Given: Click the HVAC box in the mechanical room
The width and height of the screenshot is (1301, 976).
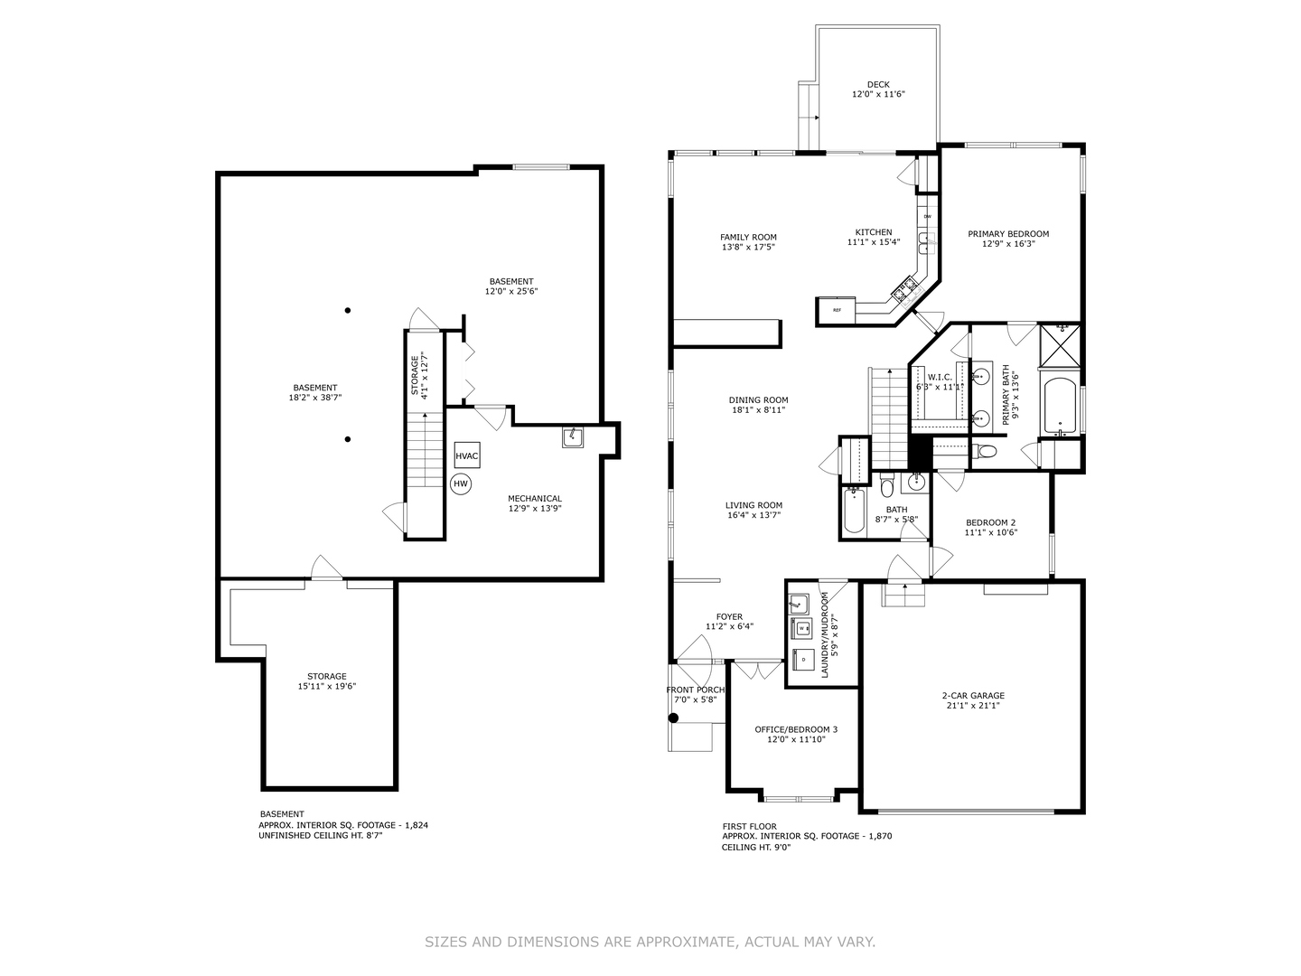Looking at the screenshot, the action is (467, 455).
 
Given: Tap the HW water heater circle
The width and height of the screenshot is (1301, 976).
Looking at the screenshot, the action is (461, 483).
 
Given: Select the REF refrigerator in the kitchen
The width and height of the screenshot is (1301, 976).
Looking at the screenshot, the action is (837, 310).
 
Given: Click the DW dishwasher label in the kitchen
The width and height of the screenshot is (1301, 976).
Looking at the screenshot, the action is (928, 216).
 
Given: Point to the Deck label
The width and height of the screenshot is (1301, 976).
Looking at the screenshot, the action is (878, 85).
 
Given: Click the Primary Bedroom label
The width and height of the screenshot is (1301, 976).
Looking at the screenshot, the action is (1008, 234).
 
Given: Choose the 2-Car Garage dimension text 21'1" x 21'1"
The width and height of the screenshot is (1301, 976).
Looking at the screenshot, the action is (973, 705).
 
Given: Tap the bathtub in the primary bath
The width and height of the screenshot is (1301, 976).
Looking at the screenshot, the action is (1061, 407).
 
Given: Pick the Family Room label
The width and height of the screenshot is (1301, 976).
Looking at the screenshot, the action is (748, 237).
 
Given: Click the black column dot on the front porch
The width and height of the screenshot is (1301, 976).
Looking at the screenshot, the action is (673, 718).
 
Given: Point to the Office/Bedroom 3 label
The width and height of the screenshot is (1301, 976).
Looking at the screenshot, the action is (796, 729).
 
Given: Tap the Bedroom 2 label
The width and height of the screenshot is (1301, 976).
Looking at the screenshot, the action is (990, 522).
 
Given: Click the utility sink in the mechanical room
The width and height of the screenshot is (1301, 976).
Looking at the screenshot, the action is (573, 437).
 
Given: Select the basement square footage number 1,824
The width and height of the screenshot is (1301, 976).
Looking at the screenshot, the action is (417, 825).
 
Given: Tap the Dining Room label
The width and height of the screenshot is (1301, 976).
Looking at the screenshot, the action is (758, 400).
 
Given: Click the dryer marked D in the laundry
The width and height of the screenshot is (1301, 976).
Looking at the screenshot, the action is (803, 659).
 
